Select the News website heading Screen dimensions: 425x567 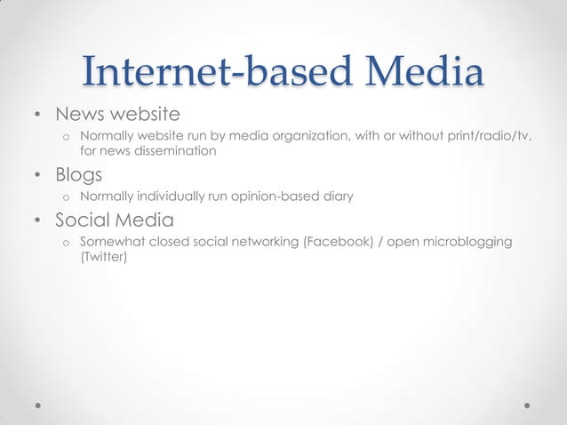tap(118, 115)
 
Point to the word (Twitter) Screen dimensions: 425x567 tap(104, 258)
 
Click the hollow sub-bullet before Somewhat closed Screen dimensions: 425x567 tap(65, 243)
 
